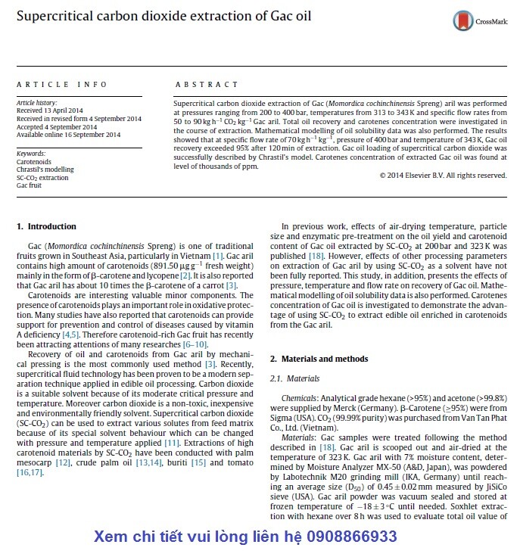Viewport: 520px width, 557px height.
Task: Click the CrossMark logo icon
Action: [x=461, y=21]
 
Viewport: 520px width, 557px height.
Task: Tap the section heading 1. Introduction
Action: [x=46, y=226]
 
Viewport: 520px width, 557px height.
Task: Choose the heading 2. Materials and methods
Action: [x=319, y=359]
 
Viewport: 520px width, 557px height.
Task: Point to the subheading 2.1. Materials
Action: [x=294, y=378]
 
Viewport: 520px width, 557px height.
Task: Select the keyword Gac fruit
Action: [x=31, y=185]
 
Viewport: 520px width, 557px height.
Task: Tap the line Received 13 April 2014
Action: [x=52, y=110]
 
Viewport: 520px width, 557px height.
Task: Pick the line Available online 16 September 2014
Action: [x=68, y=135]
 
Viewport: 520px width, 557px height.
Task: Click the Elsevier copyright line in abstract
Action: [x=443, y=175]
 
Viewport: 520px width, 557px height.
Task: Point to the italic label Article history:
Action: [x=36, y=101]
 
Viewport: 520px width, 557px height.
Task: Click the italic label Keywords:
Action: [x=31, y=154]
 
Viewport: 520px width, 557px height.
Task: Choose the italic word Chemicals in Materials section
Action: [x=297, y=397]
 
